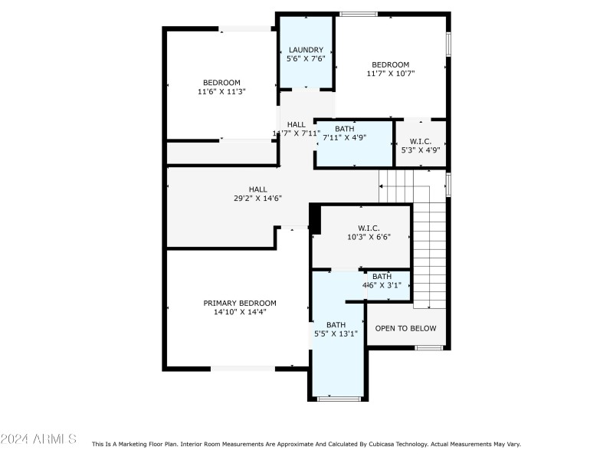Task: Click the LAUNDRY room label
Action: point(306,51)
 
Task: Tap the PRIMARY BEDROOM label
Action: point(240,303)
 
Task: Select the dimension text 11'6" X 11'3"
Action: point(221,91)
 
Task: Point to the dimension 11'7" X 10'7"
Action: point(390,74)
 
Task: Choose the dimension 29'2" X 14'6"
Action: point(257,198)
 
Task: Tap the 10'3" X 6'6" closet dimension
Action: point(369,237)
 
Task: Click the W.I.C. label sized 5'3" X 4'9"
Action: point(420,141)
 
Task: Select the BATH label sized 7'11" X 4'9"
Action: point(344,129)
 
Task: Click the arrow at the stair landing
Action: point(382,186)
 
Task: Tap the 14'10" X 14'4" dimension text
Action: point(240,312)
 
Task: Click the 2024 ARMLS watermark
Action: point(38,439)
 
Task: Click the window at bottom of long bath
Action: point(339,399)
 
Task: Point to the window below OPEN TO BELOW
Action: point(429,348)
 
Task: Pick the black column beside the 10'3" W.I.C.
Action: point(314,219)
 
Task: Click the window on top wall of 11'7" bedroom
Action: point(358,13)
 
